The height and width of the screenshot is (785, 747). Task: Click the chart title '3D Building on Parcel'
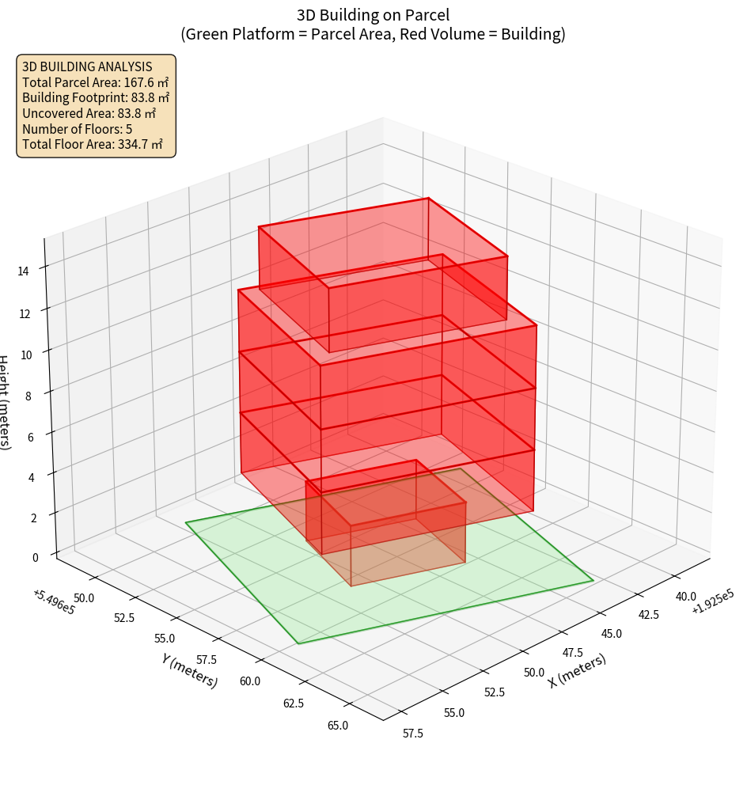[373, 14]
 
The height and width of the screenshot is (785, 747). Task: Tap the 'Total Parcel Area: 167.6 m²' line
[95, 82]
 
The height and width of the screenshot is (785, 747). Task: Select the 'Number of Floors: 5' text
[77, 129]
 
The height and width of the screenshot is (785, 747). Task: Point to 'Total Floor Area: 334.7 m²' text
[93, 145]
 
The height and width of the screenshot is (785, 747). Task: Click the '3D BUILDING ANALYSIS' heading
[86, 66]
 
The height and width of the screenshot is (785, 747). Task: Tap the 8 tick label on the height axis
[28, 396]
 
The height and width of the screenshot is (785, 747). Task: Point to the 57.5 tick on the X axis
[412, 734]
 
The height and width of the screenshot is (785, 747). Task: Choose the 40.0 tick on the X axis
[684, 596]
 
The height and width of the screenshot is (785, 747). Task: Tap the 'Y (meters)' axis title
[190, 670]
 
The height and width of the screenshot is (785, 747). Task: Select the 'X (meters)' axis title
[578, 670]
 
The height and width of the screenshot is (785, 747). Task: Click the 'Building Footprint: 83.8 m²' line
[96, 97]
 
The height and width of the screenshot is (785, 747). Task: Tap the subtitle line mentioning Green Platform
[373, 34]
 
